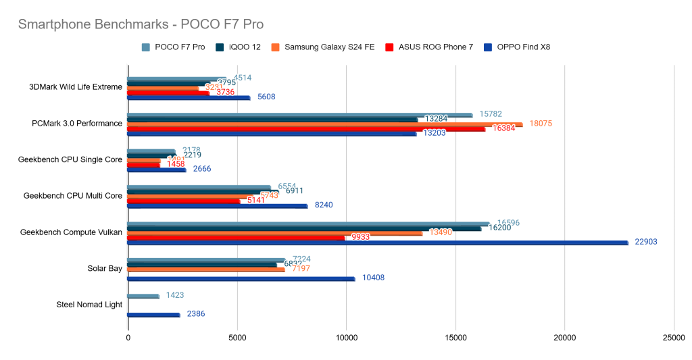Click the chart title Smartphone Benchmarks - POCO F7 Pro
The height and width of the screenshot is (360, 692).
pyautogui.click(x=140, y=24)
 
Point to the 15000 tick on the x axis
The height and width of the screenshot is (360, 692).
pyautogui.click(x=455, y=338)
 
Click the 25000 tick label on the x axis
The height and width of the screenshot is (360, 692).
pyautogui.click(x=673, y=338)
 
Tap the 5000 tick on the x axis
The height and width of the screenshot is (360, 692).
pyautogui.click(x=237, y=338)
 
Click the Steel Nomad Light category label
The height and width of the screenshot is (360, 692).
pyautogui.click(x=89, y=305)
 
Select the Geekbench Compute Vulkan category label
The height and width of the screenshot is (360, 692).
pyautogui.click(x=71, y=232)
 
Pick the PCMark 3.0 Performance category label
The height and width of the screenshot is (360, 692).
pyautogui.click(x=77, y=124)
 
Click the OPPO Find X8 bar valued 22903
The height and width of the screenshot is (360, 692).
pyautogui.click(x=378, y=242)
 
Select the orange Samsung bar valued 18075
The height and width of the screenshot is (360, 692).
pyautogui.click(x=324, y=124)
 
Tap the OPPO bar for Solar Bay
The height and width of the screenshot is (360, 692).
pyautogui.click(x=241, y=278)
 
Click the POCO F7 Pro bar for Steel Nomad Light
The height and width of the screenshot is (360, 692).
pyautogui.click(x=143, y=296)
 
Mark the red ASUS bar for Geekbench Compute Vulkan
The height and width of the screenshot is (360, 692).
pyautogui.click(x=237, y=237)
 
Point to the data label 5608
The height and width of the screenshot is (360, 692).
pyautogui.click(x=266, y=97)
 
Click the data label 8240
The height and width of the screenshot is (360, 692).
pyautogui.click(x=324, y=205)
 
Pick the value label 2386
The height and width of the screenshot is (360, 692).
pyautogui.click(x=196, y=314)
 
